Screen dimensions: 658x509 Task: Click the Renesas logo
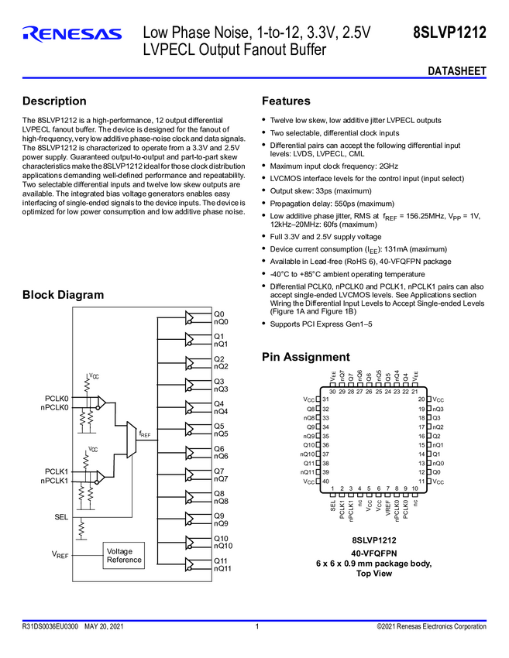point(72,33)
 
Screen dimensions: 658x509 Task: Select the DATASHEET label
point(457,71)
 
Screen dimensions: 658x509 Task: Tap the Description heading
point(54,101)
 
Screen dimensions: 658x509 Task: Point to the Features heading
point(286,101)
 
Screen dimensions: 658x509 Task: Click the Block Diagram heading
point(63,294)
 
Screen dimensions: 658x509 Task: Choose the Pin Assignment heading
point(306,357)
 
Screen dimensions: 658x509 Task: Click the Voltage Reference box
point(124,555)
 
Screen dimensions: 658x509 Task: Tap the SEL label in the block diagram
point(61,516)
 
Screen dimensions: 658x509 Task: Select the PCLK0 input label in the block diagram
point(57,398)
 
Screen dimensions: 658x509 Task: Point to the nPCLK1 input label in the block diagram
point(55,481)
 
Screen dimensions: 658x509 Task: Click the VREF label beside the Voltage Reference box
point(60,555)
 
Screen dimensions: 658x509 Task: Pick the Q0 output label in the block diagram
point(219,314)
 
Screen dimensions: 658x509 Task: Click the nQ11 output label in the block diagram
point(223,568)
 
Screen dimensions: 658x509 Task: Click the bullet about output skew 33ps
point(321,190)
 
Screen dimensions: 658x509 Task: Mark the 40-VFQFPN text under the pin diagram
point(374,553)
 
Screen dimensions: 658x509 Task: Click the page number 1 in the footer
point(256,625)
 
